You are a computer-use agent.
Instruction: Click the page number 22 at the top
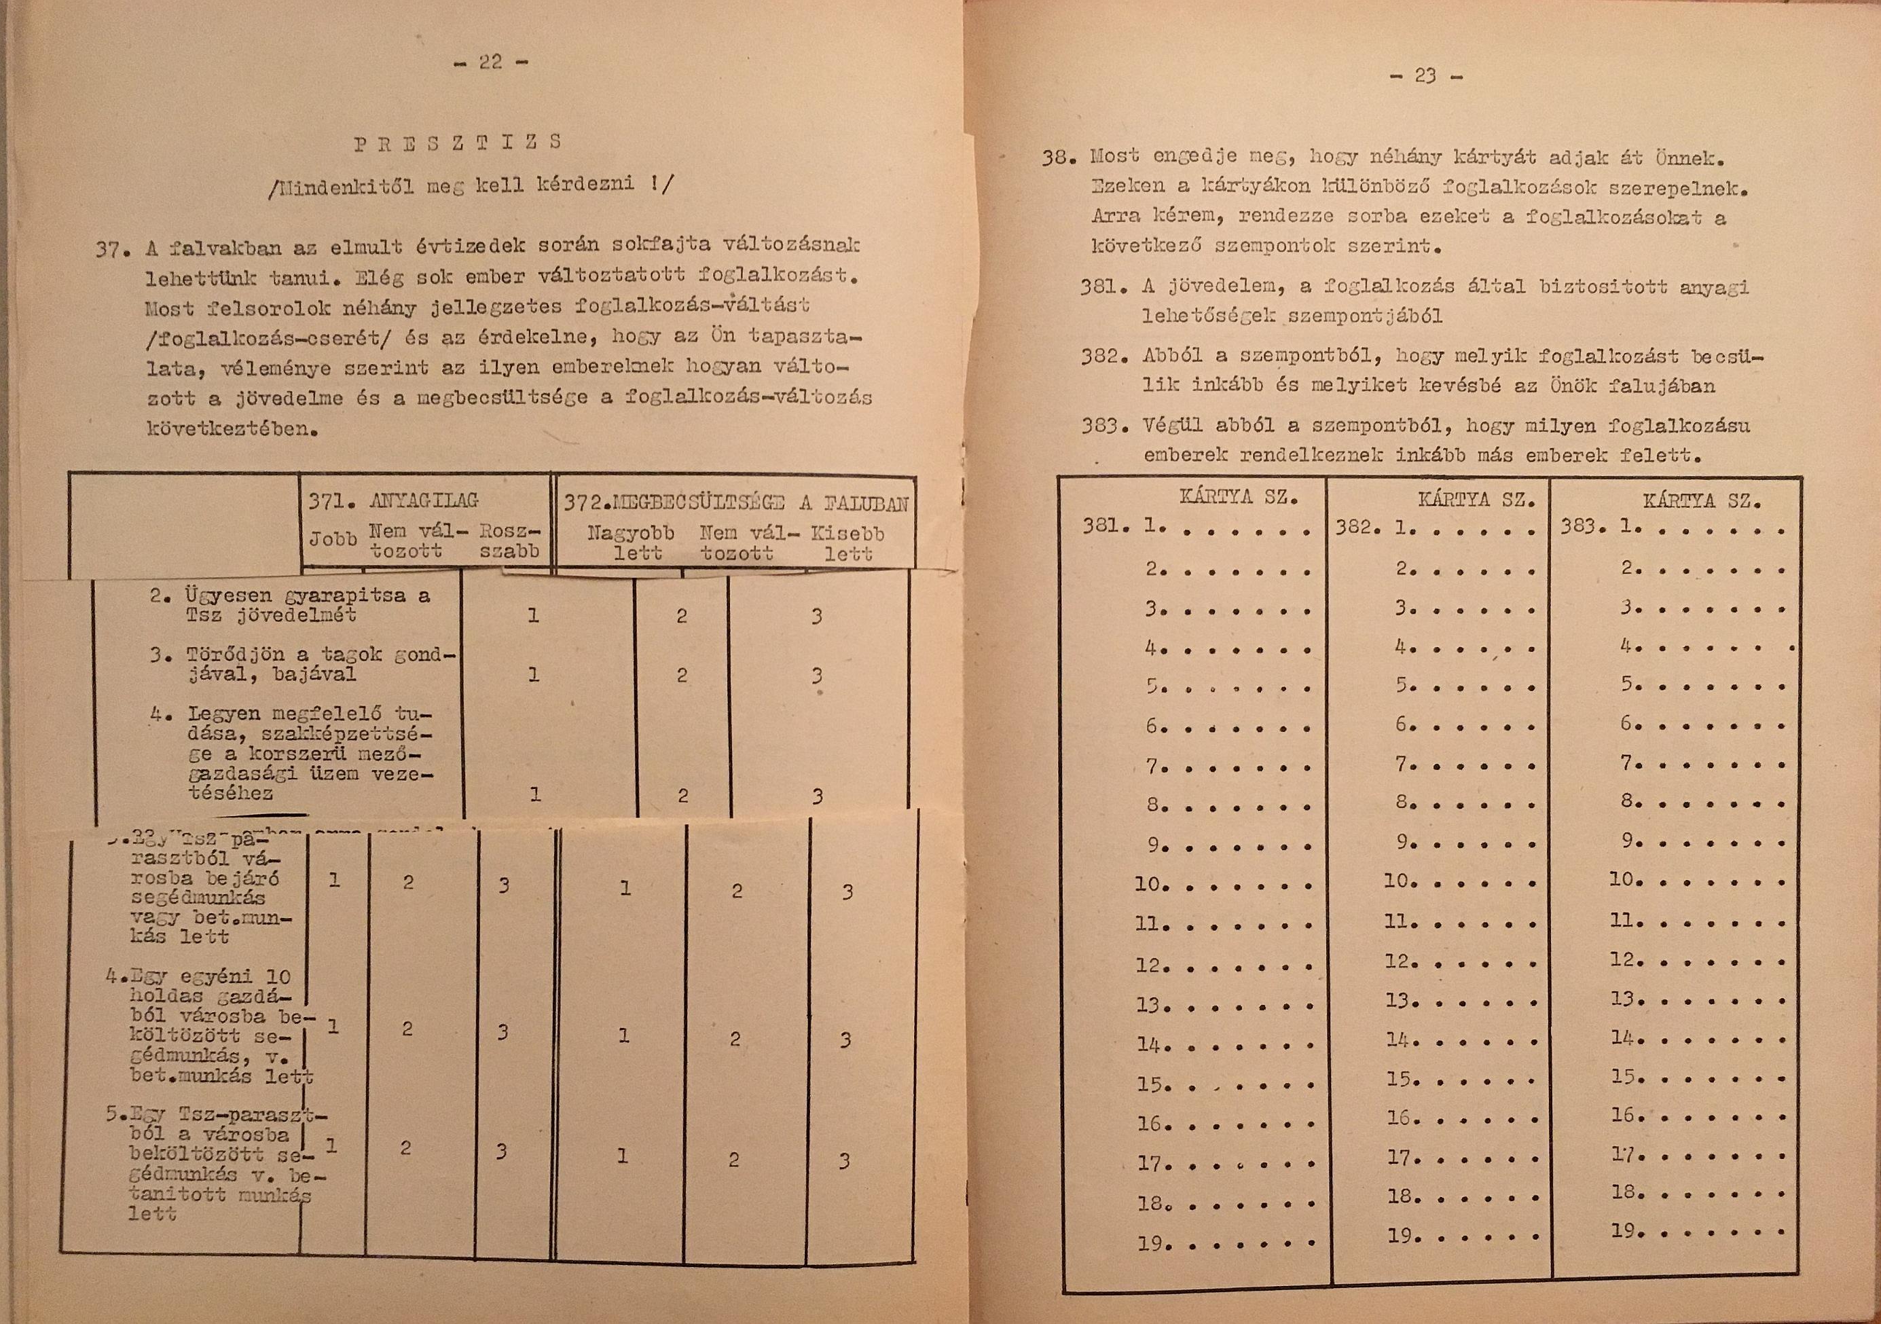point(491,62)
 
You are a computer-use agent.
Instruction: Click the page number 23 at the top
point(1425,76)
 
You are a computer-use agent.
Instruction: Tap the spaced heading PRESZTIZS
point(458,142)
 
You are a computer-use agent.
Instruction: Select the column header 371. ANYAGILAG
point(393,500)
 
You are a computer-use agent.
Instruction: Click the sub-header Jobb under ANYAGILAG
point(333,540)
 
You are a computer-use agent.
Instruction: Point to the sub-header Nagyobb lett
point(632,543)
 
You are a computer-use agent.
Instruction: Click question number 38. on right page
point(1059,158)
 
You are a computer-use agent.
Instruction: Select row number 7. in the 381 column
point(1155,767)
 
